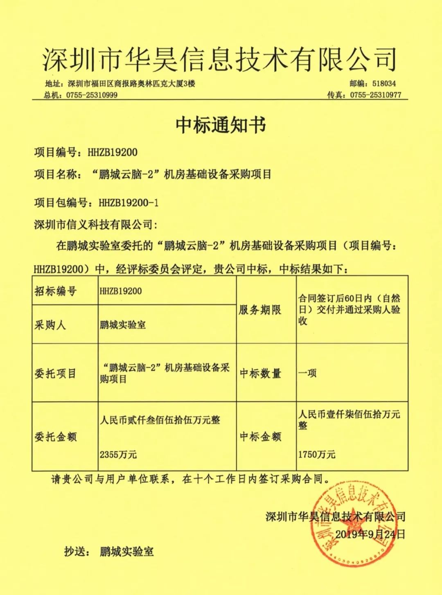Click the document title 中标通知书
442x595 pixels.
tap(221, 124)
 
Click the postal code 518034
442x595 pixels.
tap(384, 83)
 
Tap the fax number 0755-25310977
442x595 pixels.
tap(376, 95)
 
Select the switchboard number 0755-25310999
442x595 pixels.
tap(90, 95)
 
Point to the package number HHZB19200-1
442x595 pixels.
tap(129, 203)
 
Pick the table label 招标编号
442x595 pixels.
tap(55, 291)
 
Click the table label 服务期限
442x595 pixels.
tap(260, 310)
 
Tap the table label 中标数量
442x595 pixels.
tap(260, 373)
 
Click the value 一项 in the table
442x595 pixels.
tap(307, 373)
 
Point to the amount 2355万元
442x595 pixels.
tap(118, 454)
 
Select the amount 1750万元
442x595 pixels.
tap(317, 454)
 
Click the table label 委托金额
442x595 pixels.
tap(55, 437)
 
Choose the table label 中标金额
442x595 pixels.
tap(260, 437)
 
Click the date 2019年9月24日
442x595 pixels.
tap(370, 534)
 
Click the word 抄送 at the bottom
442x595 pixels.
tap(77, 552)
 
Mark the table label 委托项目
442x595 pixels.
tap(55, 373)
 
